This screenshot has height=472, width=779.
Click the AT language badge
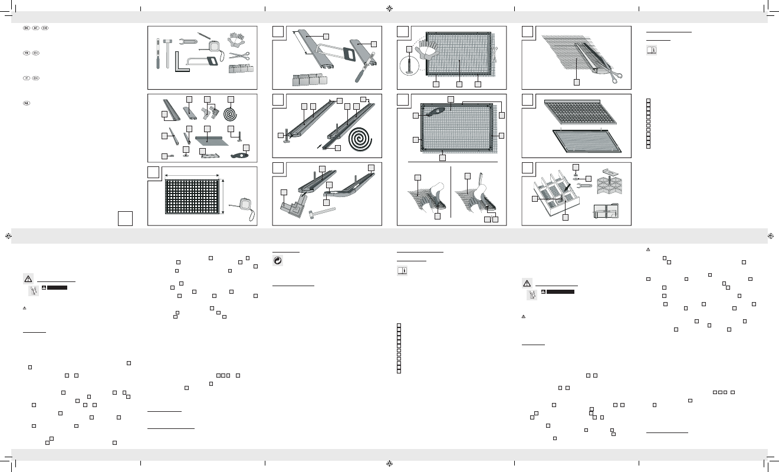(x=36, y=28)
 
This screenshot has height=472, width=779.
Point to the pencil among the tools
(x=204, y=35)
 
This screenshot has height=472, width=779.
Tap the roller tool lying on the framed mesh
(x=436, y=111)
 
